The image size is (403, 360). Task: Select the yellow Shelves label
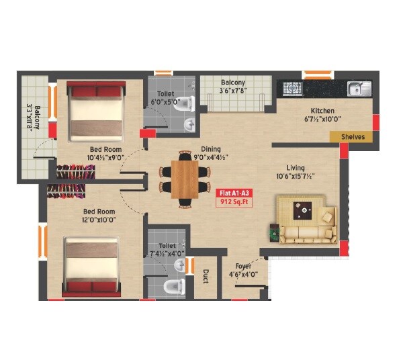(353, 136)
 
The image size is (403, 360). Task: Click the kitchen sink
(357, 87)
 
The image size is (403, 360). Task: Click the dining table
(185, 179)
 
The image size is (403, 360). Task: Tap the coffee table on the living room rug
(306, 210)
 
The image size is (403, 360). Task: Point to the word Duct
(205, 276)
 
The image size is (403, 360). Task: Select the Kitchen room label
(322, 111)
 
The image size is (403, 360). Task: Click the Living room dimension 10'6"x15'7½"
(296, 177)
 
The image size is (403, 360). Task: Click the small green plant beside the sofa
(274, 234)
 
